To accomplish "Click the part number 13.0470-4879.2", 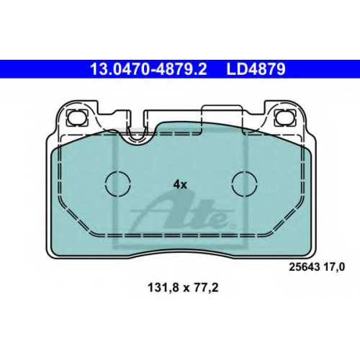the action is pos(148,69).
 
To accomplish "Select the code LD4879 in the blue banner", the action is pos(256,69).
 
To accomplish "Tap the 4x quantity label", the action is pos(180,185).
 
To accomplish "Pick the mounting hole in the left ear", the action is pos(77,117).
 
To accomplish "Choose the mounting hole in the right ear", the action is pos(284,117).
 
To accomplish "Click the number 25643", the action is pos(305,267).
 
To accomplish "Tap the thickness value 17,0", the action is pos(334,267).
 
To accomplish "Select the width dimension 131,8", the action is pos(163,288).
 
